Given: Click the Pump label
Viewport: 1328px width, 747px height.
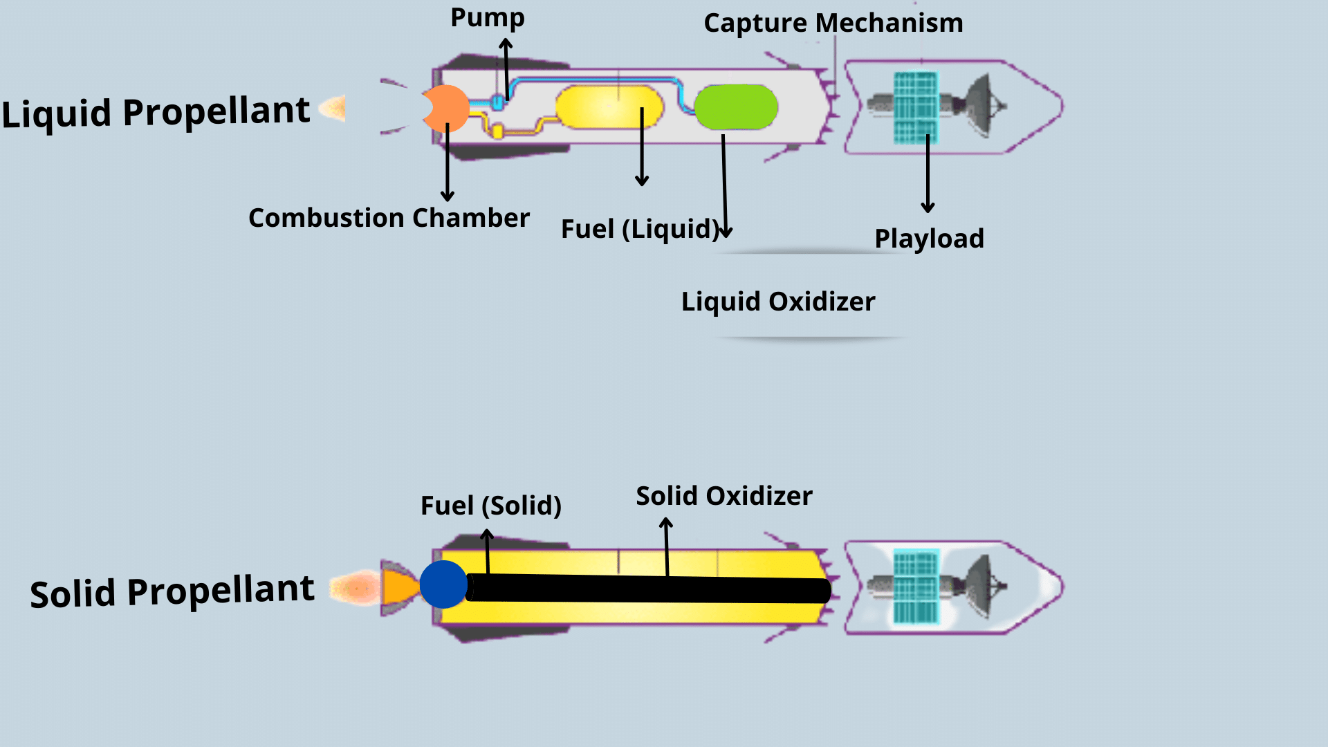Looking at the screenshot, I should pos(488,18).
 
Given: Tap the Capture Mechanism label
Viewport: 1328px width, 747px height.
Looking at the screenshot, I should pos(833,24).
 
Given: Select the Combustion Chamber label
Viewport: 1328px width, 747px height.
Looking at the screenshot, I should pos(389,218).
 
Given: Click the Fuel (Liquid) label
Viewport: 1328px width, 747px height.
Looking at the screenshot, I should pos(640,229).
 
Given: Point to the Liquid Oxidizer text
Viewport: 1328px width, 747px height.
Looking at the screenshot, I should pos(778,302).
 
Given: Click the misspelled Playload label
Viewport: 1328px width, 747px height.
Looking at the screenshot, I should pos(929,239).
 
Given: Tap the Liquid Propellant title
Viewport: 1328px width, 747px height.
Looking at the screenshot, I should pos(156,112).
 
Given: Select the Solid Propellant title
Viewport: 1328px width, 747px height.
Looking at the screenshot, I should pos(172,592).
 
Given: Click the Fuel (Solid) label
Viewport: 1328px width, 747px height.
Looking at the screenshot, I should pos(490,506).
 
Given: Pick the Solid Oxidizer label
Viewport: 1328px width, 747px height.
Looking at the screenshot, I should pos(723,496).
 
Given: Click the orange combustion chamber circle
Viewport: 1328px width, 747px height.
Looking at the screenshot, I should pos(448,109).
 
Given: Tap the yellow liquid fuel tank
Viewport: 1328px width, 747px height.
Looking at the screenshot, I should pos(609,107).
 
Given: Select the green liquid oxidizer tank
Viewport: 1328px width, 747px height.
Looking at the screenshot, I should pos(736,107).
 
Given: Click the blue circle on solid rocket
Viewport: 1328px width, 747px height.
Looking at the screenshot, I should pos(443,584).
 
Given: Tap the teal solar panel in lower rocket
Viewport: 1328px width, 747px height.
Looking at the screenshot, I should pos(916,587).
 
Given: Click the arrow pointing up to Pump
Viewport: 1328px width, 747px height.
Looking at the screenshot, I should pos(506,69).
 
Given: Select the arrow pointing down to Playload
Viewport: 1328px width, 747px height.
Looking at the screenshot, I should pos(928,173).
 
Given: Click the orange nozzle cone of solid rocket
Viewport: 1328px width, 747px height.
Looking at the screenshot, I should pos(399,587).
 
